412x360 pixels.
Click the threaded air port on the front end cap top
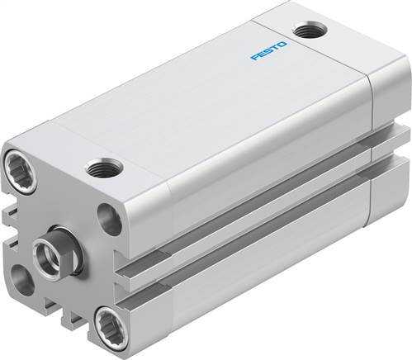point(105,168)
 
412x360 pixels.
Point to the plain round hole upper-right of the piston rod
point(109,219)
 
